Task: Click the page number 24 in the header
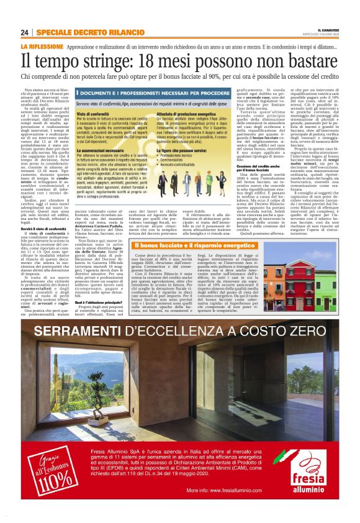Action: [25, 32]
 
